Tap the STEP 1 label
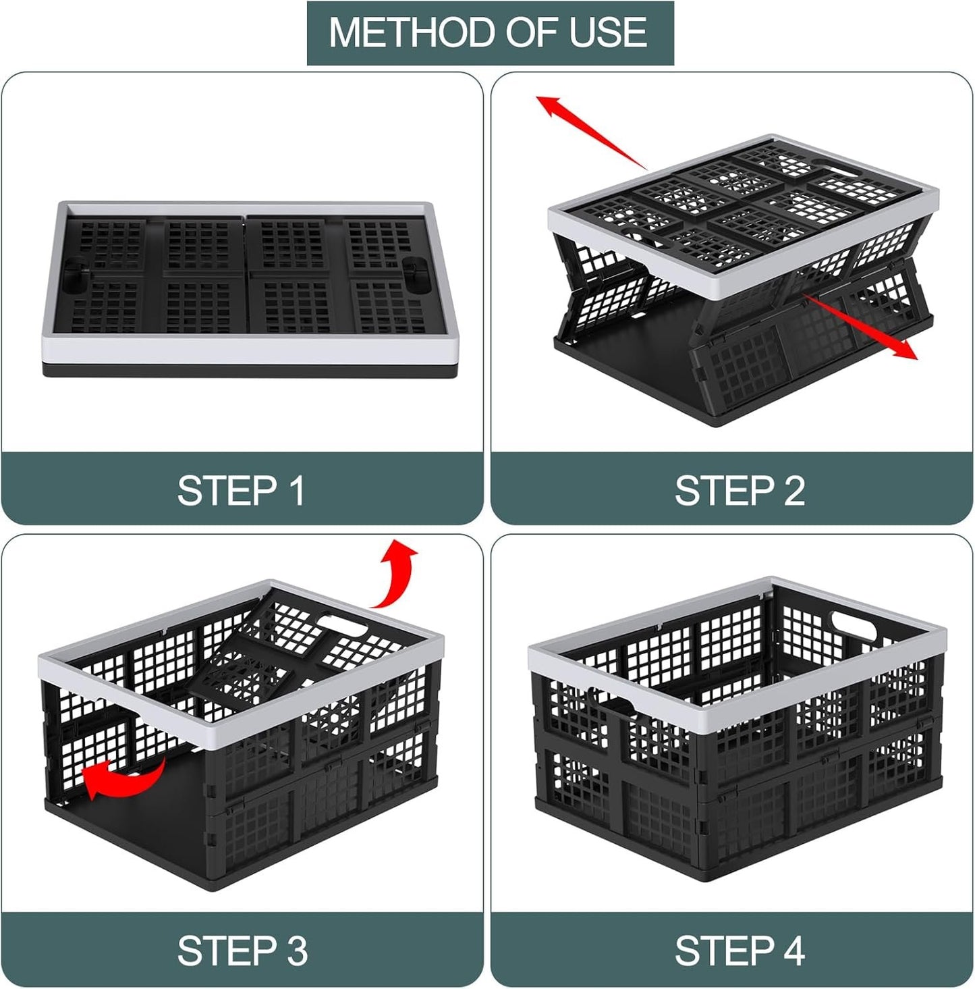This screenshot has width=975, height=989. pos(241,491)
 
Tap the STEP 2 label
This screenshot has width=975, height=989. pos(740,491)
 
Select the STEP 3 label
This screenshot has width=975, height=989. pos(242,951)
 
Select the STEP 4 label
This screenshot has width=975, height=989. pos(740,951)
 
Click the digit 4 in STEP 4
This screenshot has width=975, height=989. pos(794,951)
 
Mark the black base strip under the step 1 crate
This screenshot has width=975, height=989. pos(250,371)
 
